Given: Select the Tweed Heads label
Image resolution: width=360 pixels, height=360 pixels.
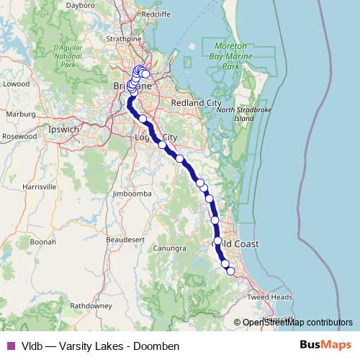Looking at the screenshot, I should pyautogui.click(x=271, y=297).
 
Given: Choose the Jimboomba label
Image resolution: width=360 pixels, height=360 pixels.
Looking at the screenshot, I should pyautogui.click(x=131, y=194).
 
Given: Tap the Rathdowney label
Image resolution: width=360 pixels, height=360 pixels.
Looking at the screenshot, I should pyautogui.click(x=91, y=305).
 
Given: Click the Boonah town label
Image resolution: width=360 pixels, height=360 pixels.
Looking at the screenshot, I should pyautogui.click(x=42, y=242).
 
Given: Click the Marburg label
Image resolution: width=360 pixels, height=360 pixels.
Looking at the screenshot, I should pyautogui.click(x=21, y=114).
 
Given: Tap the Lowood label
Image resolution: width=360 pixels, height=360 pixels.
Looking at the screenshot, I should pyautogui.click(x=16, y=84).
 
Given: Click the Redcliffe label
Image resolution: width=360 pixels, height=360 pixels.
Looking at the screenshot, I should pyautogui.click(x=156, y=14).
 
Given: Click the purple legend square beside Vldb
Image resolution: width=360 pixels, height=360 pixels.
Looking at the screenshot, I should pyautogui.click(x=10, y=346).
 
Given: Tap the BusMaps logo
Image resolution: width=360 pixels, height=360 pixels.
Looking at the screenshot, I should pyautogui.click(x=326, y=345).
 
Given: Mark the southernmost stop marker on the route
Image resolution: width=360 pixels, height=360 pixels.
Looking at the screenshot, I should pyautogui.click(x=231, y=271).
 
